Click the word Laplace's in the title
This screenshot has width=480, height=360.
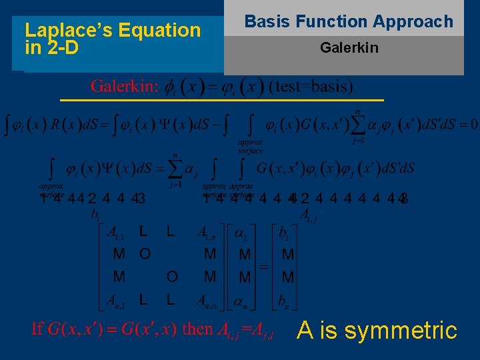click(64, 30)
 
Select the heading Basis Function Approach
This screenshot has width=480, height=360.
click(349, 21)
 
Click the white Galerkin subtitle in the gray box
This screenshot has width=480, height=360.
click(349, 48)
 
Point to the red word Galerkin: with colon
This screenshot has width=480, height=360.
click(125, 86)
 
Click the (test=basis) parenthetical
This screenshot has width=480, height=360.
click(311, 86)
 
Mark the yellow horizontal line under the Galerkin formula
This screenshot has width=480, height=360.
click(221, 99)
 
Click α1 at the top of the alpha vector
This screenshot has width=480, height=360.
click(243, 234)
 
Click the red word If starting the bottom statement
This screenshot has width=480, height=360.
click(38, 329)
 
